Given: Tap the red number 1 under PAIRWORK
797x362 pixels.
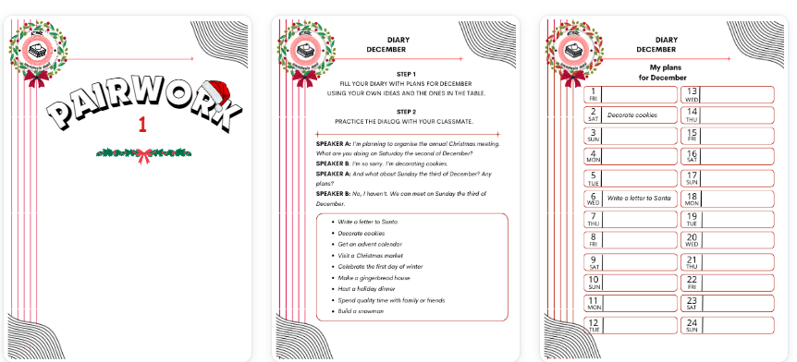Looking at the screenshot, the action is click(142, 126).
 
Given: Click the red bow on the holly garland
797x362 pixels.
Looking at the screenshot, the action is click(143, 154).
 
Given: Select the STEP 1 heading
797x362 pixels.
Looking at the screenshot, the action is click(406, 73).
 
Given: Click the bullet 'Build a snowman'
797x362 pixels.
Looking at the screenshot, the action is click(361, 311).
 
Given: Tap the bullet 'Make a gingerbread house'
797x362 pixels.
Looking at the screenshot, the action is click(374, 277).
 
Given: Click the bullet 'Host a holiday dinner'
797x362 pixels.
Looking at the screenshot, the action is click(367, 289).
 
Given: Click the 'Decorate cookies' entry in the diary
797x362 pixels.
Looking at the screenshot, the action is click(632, 115).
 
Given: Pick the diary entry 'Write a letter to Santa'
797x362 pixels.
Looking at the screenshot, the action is click(639, 198).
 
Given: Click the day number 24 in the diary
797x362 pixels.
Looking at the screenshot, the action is click(692, 322).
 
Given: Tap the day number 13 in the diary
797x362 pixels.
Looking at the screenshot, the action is click(692, 90).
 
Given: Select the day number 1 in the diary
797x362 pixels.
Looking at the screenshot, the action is click(594, 90).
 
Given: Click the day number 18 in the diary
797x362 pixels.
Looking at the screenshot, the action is click(692, 195).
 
